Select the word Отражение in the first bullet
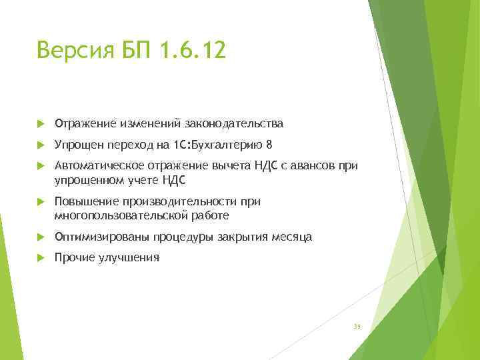85,123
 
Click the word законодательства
237,123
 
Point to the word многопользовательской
118,215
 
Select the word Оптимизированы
101,237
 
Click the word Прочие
75,258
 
